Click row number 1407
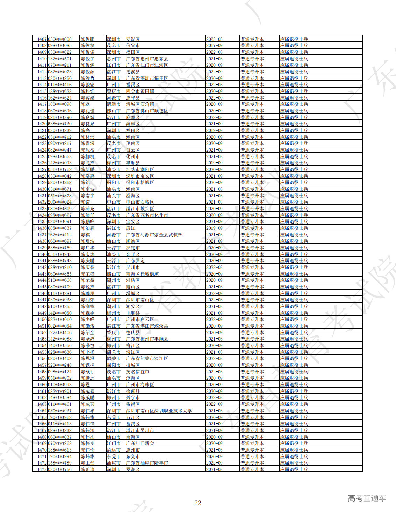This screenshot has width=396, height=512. [x=42, y=39]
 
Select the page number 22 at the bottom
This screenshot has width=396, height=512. [x=198, y=503]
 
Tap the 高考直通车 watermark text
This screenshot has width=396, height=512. [x=367, y=498]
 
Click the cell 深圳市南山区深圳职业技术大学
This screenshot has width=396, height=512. [x=159, y=411]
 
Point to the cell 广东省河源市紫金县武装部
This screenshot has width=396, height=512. [x=154, y=235]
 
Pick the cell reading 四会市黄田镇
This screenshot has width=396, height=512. [x=140, y=91]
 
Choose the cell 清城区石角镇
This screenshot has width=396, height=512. [x=140, y=104]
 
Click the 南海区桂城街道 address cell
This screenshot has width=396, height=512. [x=142, y=274]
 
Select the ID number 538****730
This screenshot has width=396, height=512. [x=60, y=124]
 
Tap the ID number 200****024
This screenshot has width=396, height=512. [x=60, y=202]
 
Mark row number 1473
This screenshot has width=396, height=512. [x=42, y=469]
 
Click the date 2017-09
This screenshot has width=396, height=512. [x=214, y=45]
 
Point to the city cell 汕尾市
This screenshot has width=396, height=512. [x=114, y=463]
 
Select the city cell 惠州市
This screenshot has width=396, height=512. [x=114, y=59]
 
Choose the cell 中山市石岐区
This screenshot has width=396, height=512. [x=140, y=202]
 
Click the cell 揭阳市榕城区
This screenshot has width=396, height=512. [x=140, y=182]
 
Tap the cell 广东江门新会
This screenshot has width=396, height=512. [x=140, y=443]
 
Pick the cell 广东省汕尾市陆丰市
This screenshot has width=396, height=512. [x=147, y=463]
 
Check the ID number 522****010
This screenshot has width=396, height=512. [x=60, y=319]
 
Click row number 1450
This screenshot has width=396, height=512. [x=42, y=319]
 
